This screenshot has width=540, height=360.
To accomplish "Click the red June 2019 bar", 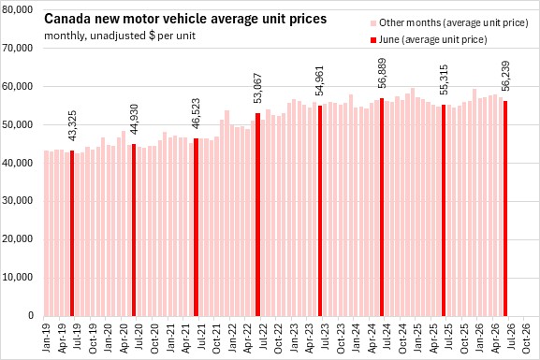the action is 72,233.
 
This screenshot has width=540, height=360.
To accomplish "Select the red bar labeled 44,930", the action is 134,230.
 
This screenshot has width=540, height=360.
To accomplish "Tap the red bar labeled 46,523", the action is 196,227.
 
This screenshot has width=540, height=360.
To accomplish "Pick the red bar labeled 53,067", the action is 258,214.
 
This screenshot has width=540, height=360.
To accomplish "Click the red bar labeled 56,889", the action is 382,208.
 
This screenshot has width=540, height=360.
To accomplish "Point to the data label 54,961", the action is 319,81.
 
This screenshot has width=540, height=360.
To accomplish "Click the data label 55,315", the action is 444,79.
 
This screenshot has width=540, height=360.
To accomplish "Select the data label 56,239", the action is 505,77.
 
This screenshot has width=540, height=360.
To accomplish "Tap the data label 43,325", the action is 72,125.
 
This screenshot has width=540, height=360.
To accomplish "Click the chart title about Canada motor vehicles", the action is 185,19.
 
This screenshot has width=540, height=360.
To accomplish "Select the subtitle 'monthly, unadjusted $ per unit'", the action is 120,36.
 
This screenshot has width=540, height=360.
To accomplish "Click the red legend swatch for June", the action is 373,40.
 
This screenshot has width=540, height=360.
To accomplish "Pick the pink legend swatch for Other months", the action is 373,23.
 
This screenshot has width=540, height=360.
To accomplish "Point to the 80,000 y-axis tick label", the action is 17,9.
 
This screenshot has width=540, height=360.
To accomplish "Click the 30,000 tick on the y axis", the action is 17,201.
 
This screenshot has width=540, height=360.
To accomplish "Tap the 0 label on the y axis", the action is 31,316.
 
